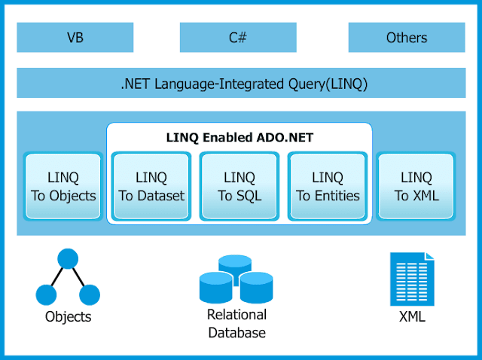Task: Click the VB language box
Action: tap(75, 37)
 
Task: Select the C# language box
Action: tap(238, 37)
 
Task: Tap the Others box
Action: tap(406, 37)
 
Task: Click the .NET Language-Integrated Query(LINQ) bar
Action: tap(241, 83)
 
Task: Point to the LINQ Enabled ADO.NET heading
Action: tap(239, 138)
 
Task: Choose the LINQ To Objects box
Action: tap(63, 186)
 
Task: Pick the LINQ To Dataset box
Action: tap(151, 186)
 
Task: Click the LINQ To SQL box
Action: tap(239, 186)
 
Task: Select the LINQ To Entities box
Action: tap(328, 186)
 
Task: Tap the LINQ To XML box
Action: tap(416, 186)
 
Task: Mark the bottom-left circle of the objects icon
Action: tap(47, 294)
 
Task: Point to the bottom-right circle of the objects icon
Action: tap(90, 294)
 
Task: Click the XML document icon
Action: tap(411, 279)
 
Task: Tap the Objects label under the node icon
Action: tap(68, 316)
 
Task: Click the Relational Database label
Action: tap(236, 324)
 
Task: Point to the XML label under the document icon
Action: tap(412, 317)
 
